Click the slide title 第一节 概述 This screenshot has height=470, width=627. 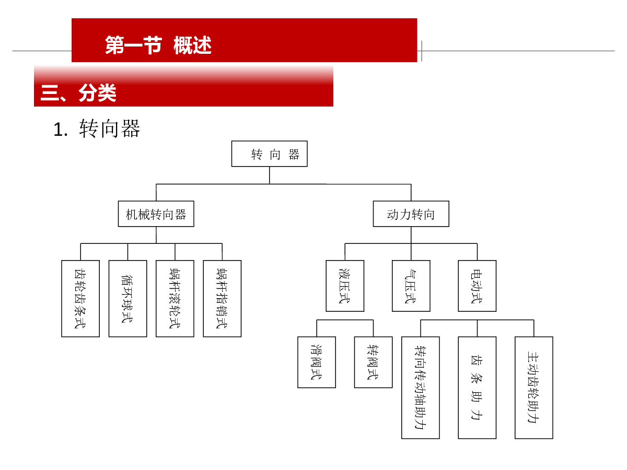click(158, 45)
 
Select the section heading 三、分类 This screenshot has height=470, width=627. click(78, 93)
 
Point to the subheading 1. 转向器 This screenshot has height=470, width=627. click(97, 128)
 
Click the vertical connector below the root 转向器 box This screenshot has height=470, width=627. click(270, 175)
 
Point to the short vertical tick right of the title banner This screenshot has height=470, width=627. click(422, 51)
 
